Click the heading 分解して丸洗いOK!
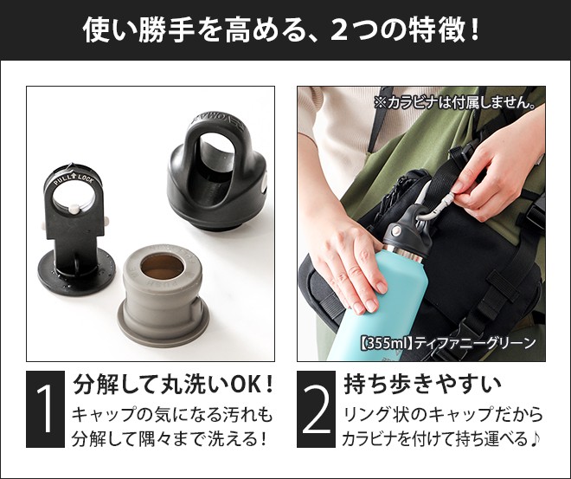click(x=174, y=382)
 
